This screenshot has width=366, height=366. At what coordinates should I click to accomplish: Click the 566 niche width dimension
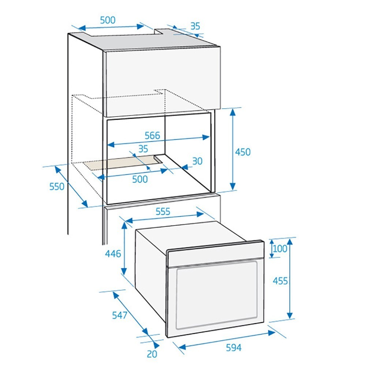[x=152, y=135]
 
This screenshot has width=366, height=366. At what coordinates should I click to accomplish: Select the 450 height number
[x=243, y=152]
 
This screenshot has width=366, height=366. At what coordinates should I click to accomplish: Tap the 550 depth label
[x=57, y=186]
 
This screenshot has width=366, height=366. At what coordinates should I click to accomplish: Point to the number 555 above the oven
[x=163, y=212]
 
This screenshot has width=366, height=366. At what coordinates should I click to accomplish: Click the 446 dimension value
[x=113, y=253]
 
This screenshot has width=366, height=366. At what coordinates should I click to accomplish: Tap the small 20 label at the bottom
[x=152, y=354]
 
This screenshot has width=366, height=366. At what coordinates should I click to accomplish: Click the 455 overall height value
[x=280, y=281]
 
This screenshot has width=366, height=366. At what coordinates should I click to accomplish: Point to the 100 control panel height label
[x=280, y=249]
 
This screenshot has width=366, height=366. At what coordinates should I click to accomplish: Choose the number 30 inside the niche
[x=197, y=161]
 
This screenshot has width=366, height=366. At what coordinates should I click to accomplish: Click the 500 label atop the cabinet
[x=107, y=20]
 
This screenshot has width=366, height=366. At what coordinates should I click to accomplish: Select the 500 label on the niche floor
[x=140, y=179]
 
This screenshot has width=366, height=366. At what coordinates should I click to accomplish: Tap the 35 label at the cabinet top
[x=195, y=26]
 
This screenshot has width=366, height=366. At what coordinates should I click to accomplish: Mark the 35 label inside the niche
[x=143, y=149]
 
